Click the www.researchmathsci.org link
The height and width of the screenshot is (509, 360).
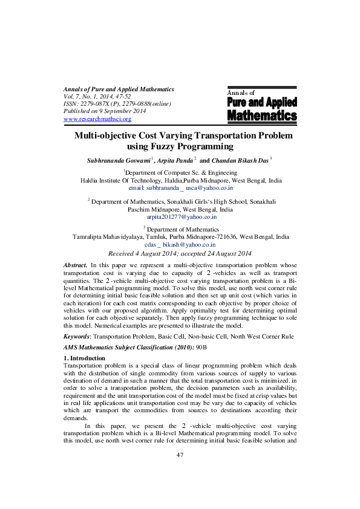coord(97,119)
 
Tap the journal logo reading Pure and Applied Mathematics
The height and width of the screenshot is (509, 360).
coord(261,108)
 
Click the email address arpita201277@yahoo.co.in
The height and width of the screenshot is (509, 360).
coord(182,216)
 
